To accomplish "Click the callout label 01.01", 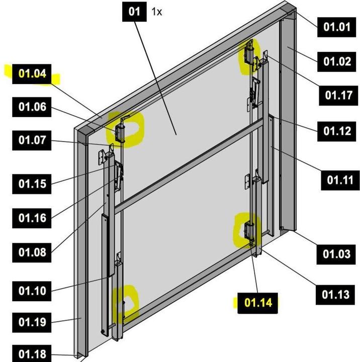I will (x=336, y=26).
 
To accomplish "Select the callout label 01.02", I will (x=336, y=61).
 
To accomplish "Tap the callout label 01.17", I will (x=338, y=95).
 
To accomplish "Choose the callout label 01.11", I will (x=340, y=179).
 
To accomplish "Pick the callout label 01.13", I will (x=335, y=294).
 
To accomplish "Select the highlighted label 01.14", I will (x=258, y=303).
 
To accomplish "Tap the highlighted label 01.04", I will (x=32, y=74).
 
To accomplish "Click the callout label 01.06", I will (x=32, y=107).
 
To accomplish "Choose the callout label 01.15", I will (x=32, y=184).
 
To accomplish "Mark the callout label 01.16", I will (x=32, y=218).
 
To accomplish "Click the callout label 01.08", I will (x=32, y=252).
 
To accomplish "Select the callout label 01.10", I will (x=32, y=291).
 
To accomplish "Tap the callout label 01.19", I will (x=32, y=322).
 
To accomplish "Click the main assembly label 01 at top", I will (x=134, y=12).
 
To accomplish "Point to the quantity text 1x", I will (x=157, y=12).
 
